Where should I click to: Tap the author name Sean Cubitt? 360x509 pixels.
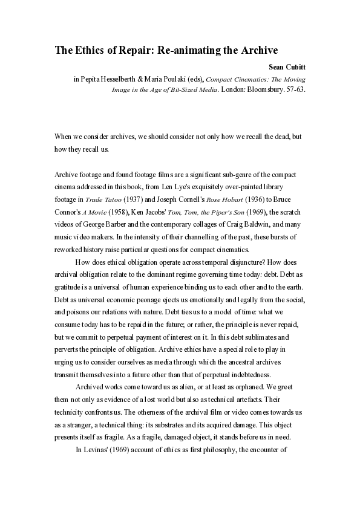(x=286, y=66)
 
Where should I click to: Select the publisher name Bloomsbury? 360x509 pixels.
(x=261, y=89)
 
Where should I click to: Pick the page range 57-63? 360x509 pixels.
(x=294, y=89)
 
